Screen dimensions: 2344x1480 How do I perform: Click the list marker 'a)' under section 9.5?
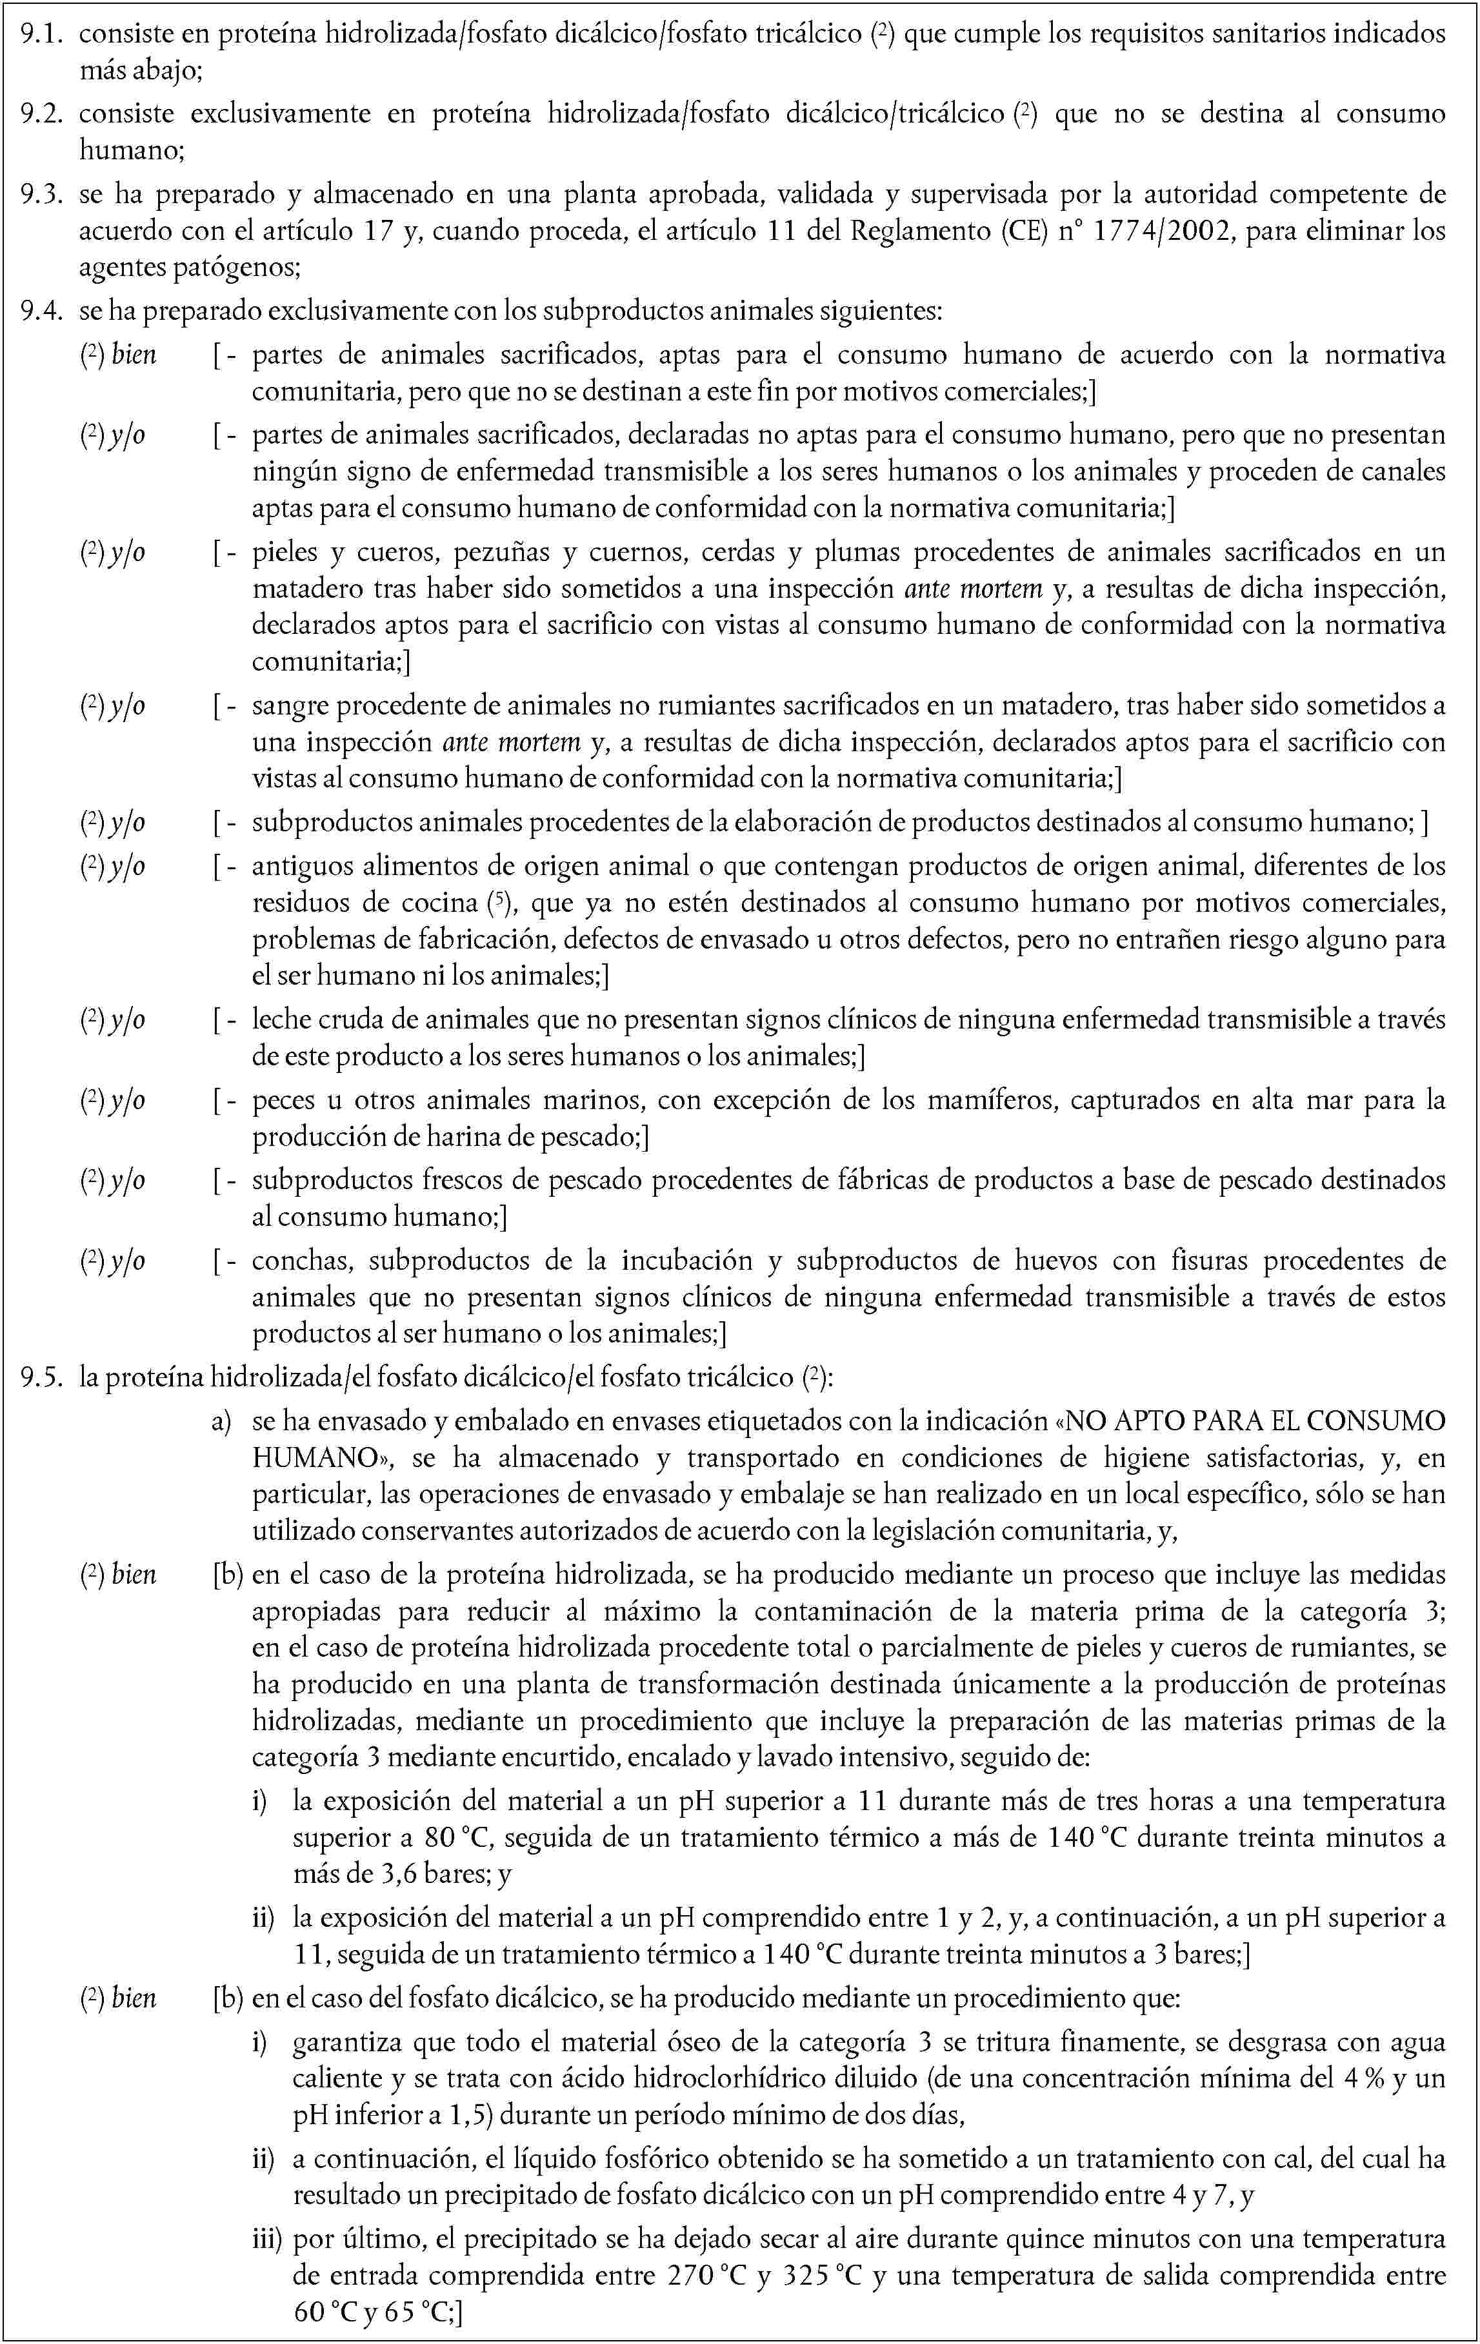coord(222,1421)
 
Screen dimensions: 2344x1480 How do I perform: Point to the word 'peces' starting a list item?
coord(283,1101)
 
